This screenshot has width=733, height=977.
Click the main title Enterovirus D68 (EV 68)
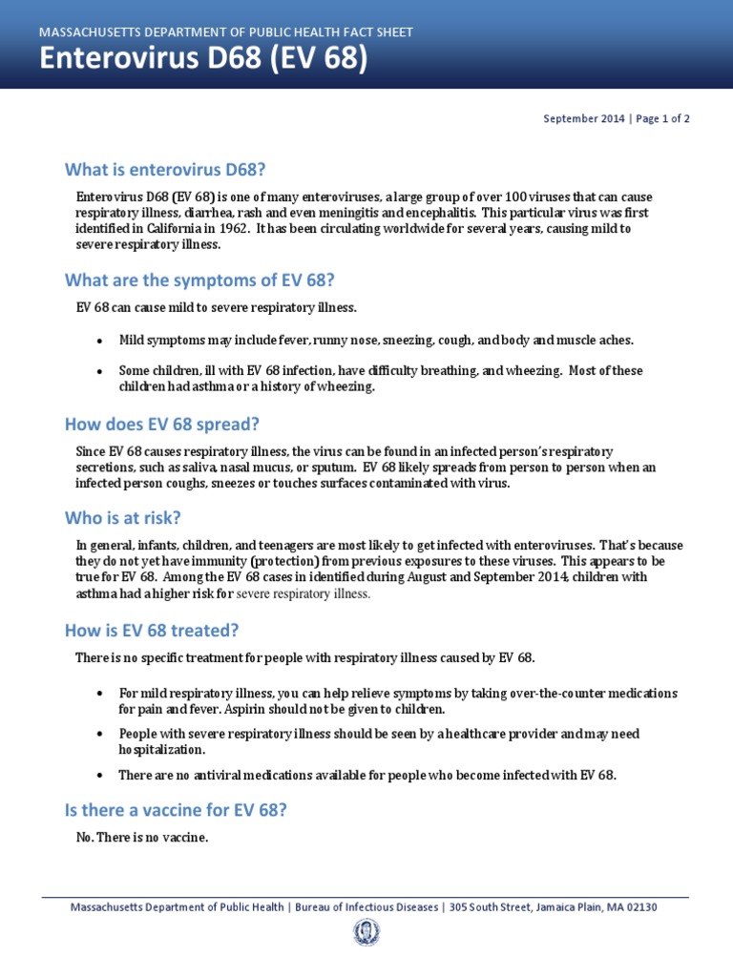(x=202, y=60)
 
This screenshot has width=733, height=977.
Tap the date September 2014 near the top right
(x=583, y=119)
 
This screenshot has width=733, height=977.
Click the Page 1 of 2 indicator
(x=660, y=119)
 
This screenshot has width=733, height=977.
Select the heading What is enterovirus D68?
(x=163, y=170)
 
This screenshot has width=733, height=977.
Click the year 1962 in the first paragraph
(x=233, y=229)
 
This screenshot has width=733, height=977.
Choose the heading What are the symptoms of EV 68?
(x=199, y=281)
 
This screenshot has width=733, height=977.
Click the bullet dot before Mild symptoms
(x=99, y=341)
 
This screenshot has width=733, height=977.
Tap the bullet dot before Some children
(x=99, y=371)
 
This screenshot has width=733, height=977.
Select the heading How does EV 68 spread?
(x=161, y=423)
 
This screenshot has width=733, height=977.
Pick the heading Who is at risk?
(x=122, y=518)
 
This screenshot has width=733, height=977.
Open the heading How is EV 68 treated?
(x=151, y=630)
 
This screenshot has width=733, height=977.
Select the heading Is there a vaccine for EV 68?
(x=176, y=810)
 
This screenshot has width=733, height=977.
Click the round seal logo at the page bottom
(x=366, y=932)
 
